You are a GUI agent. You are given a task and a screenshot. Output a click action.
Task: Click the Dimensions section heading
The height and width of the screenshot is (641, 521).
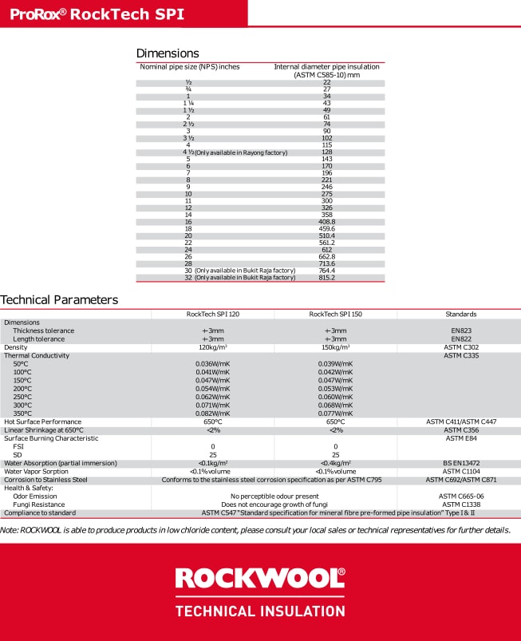pos(167,53)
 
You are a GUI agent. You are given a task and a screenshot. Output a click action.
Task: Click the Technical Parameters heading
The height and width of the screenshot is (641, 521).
pos(59,300)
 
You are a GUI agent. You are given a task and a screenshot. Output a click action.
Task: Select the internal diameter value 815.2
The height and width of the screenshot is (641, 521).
pos(327,278)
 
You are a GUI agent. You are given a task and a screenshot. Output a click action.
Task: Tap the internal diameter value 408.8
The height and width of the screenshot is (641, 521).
pos(327,223)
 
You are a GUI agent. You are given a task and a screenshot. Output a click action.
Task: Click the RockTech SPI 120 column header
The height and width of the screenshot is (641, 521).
pos(212,315)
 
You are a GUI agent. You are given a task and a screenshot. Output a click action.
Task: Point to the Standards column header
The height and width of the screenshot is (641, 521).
pos(461,315)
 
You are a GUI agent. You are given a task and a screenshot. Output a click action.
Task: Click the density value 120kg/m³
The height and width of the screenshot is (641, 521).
pos(212,347)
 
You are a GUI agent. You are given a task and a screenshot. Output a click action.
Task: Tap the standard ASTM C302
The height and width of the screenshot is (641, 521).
pos(461,347)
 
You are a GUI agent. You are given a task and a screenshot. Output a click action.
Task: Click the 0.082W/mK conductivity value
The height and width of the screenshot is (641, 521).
pos(212,413)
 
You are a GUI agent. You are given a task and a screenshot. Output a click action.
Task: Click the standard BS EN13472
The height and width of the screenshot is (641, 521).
pos(461,463)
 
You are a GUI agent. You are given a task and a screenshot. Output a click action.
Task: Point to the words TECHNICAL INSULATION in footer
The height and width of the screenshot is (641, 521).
pos(260,611)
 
